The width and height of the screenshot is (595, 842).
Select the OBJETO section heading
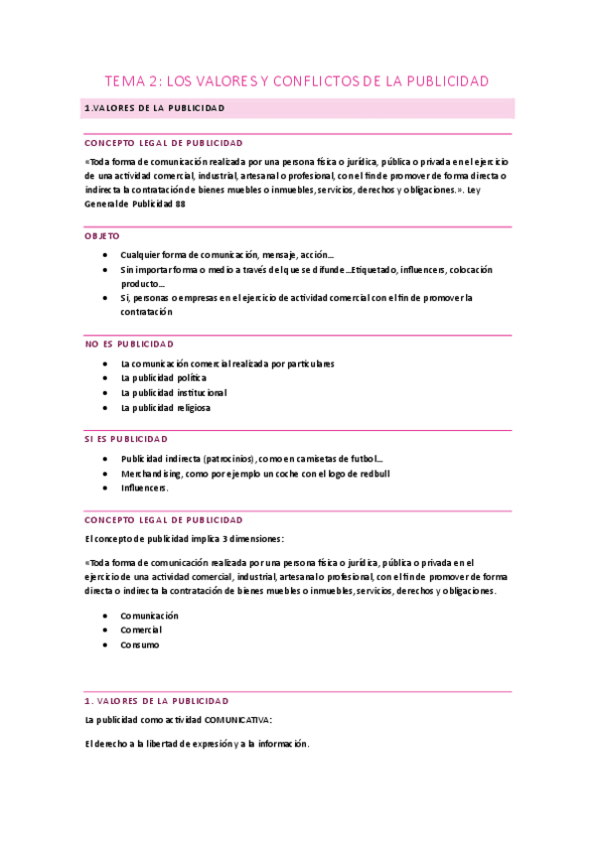[x=102, y=236]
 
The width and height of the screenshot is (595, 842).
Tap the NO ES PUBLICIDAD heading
[x=129, y=344]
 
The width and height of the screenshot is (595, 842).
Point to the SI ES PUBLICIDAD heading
[x=126, y=438]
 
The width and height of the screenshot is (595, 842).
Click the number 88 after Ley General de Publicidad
[x=180, y=204]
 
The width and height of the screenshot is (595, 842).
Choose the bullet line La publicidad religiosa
[x=165, y=407]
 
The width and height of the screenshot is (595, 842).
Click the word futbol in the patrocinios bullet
[x=362, y=460]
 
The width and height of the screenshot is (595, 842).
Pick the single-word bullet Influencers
[x=144, y=488]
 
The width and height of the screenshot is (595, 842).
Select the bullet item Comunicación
[x=149, y=616]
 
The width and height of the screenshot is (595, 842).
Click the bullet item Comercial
[x=141, y=631]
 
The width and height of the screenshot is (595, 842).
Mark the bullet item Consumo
[x=139, y=644]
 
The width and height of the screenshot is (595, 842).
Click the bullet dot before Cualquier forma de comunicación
[x=105, y=255]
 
